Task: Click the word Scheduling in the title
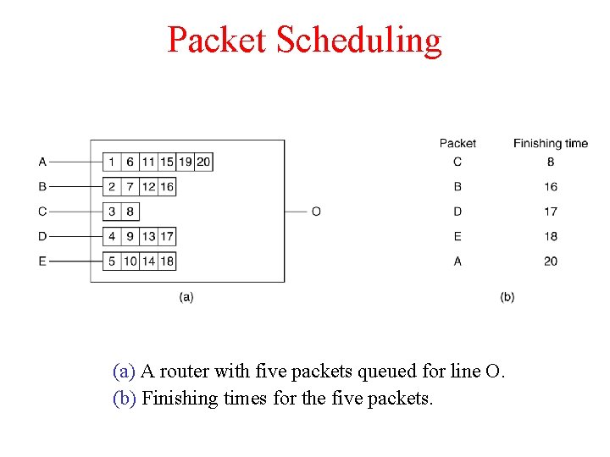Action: click(359, 40)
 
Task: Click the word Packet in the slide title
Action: click(217, 40)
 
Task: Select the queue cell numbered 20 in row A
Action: click(203, 162)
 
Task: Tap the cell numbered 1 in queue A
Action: click(112, 162)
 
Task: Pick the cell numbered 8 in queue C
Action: click(130, 212)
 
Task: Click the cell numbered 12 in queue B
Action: click(148, 186)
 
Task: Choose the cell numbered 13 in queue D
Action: click(148, 236)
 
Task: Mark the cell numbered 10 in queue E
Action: click(130, 262)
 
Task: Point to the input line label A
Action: click(42, 162)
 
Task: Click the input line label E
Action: click(42, 262)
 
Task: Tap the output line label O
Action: click(316, 212)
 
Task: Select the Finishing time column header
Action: click(550, 143)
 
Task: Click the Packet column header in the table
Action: click(457, 143)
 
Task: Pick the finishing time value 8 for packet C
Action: click(551, 162)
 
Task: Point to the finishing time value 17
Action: click(551, 212)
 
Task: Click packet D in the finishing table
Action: click(457, 212)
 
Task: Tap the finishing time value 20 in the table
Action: click(551, 262)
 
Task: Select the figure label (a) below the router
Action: click(186, 297)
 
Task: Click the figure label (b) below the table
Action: click(507, 297)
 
